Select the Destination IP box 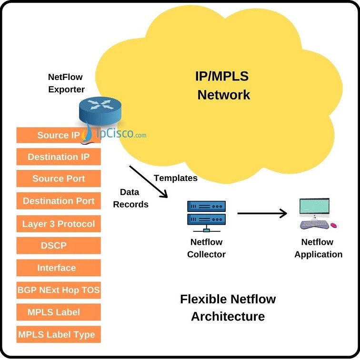[x=59, y=157]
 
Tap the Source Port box [x=59, y=179]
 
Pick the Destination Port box [x=59, y=201]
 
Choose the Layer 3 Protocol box [x=59, y=224]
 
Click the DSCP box [x=59, y=246]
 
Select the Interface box [x=59, y=268]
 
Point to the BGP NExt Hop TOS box [x=59, y=290]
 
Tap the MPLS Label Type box [x=59, y=334]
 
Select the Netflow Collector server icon [x=206, y=213]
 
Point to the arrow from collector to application [x=262, y=213]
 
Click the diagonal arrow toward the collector [x=149, y=181]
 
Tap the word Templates [x=175, y=178]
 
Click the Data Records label [x=134, y=198]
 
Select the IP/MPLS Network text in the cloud [x=223, y=85]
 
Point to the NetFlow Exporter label [x=66, y=83]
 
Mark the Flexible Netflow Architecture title [x=228, y=308]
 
